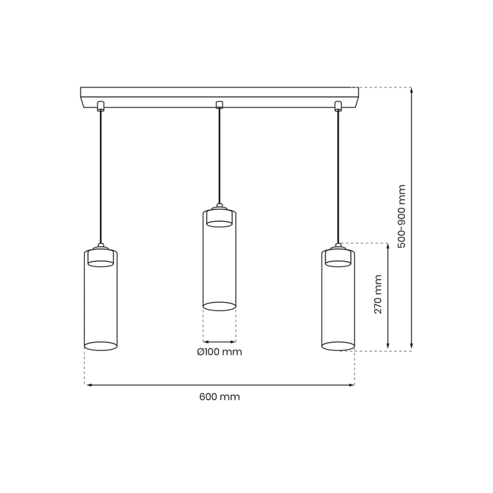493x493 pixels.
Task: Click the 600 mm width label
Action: pyautogui.click(x=219, y=397)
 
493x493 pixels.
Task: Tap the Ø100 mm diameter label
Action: pyautogui.click(x=219, y=352)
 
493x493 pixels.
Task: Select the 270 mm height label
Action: pyautogui.click(x=378, y=294)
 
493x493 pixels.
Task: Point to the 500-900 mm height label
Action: pyautogui.click(x=402, y=216)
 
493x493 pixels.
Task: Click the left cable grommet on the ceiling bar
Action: pyautogui.click(x=101, y=105)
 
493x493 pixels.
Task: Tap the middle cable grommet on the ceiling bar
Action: pyautogui.click(x=219, y=105)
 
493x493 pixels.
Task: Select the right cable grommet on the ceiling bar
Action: pyautogui.click(x=338, y=105)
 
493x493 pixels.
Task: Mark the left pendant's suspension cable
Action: pyautogui.click(x=101, y=176)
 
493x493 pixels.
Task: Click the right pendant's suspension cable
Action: pyautogui.click(x=338, y=176)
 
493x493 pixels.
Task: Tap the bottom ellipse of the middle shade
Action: pyautogui.click(x=219, y=307)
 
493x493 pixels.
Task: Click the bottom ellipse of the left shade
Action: pyautogui.click(x=101, y=346)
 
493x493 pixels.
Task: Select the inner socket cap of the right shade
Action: pyautogui.click(x=338, y=258)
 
